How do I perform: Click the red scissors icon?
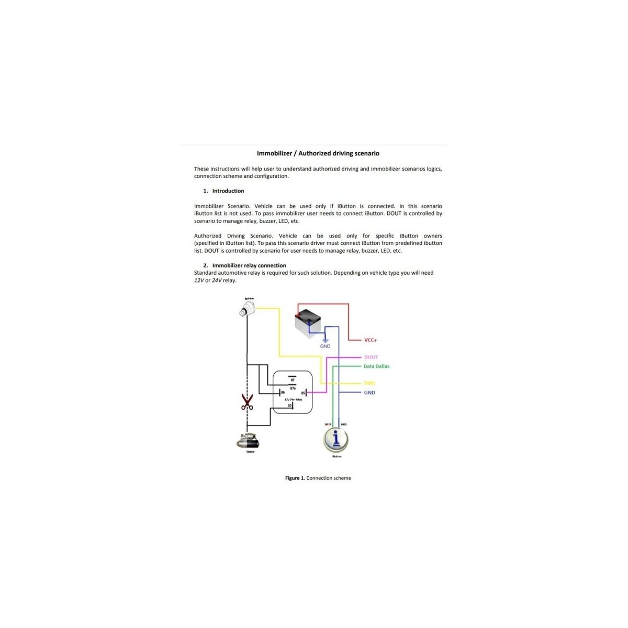[x=246, y=402]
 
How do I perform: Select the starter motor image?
[x=248, y=441]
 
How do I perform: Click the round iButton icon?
[x=335, y=439]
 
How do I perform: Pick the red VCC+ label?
[x=371, y=340]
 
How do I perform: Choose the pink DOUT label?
[x=371, y=357]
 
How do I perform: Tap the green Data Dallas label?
[x=376, y=366]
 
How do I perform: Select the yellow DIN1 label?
[x=369, y=384]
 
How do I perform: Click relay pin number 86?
[x=283, y=392]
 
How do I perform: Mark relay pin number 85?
[x=303, y=392]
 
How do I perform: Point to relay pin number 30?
[x=289, y=406]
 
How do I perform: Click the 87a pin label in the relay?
[x=293, y=388]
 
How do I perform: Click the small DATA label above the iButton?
[x=328, y=424]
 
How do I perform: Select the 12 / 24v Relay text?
[x=293, y=399]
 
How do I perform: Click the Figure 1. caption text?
[x=318, y=478]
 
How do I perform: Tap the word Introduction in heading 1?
[x=228, y=191]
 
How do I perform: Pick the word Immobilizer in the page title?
[x=274, y=153]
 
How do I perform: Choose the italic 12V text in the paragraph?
[x=199, y=281]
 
